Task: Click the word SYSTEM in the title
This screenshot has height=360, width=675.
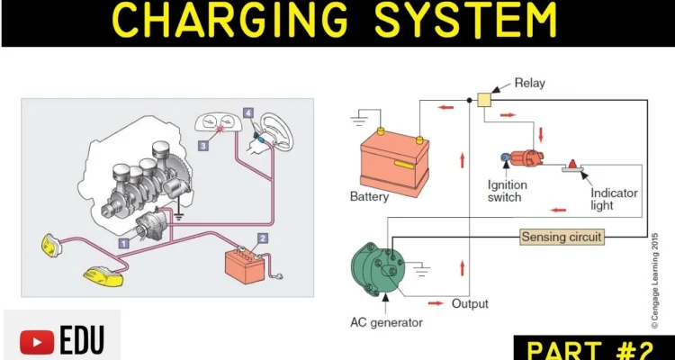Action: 459,21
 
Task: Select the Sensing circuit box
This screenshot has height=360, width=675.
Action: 562,237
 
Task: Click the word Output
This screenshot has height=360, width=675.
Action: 469,302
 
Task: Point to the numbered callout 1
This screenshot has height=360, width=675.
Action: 124,242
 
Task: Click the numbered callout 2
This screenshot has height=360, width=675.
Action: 262,238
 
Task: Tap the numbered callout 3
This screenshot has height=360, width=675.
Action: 203,145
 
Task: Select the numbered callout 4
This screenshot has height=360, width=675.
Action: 247,113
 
